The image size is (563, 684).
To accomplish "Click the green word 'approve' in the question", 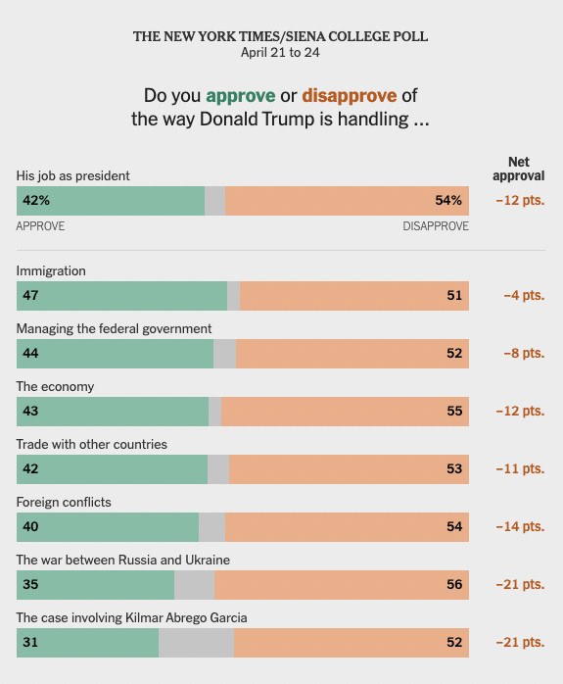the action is point(241,96).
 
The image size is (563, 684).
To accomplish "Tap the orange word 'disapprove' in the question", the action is point(350,95).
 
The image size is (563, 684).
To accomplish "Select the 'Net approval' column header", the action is point(519,169).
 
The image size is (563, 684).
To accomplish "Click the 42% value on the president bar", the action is point(36,200).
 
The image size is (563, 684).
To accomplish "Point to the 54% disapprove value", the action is point(448,200).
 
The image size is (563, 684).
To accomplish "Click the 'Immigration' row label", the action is point(51,270).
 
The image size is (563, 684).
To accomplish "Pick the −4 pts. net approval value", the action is point(524,295).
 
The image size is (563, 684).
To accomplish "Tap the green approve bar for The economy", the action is point(113,412).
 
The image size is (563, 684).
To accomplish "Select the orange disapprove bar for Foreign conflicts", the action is point(347,527).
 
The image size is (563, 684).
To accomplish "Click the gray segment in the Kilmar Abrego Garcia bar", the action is point(196,643).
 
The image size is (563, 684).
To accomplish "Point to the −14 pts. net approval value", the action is point(520,526).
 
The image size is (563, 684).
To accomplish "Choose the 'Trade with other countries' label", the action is point(91,444).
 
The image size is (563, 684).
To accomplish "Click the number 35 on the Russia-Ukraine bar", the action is point(30,585).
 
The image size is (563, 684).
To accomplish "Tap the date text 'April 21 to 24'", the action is point(280,53).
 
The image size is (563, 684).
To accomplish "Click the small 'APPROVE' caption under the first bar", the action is point(40,226).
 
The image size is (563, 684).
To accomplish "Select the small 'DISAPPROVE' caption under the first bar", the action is point(436,226).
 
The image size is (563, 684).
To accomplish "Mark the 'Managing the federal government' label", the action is point(114,328).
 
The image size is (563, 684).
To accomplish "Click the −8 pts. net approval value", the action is point(524,353).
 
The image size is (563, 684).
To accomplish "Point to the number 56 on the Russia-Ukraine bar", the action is point(454,585).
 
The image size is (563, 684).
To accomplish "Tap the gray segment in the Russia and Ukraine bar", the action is point(194,585).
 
